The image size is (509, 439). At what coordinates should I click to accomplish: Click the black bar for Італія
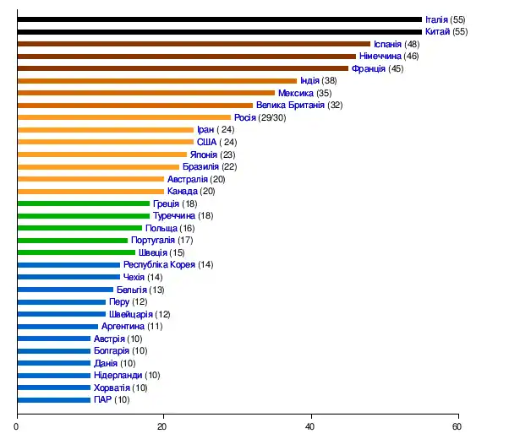coord(219,19)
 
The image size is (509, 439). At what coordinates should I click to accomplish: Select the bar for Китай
coord(219,31)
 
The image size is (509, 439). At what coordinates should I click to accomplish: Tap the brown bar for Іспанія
coord(194,44)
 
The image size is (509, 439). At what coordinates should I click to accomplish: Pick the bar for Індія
coord(156,80)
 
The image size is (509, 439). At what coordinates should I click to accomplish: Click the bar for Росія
coord(123,117)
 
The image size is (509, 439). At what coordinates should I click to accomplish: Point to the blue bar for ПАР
coord(53,399)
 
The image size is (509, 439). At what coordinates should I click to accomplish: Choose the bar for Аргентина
coord(57,326)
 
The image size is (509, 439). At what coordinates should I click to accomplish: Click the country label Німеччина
coord(380,56)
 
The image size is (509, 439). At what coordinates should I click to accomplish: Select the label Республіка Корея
coord(159,264)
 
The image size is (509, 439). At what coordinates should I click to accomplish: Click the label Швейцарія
coord(131,314)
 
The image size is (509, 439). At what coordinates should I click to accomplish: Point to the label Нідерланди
coord(118,375)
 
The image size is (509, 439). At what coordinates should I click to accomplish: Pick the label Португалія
coord(153,240)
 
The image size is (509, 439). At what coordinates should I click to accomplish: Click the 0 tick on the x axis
coord(17,426)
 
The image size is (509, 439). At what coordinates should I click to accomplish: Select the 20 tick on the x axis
coord(164,426)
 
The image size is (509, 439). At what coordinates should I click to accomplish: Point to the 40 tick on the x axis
coord(311,426)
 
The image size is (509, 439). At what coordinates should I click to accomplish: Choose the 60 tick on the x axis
coord(458,426)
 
